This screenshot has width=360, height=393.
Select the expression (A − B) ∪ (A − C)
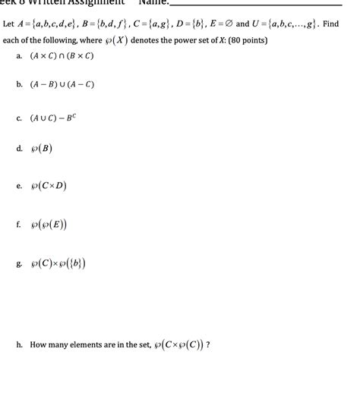click(62, 85)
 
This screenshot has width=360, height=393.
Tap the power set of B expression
click(41, 149)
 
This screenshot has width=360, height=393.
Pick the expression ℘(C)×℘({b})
click(58, 264)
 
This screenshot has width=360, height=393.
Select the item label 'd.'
click(19, 149)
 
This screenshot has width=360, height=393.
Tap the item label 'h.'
click(19, 344)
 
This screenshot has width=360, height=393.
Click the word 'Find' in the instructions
click(330, 24)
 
